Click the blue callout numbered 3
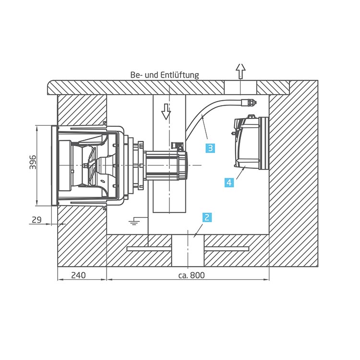[210, 148]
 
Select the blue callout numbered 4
[229, 182]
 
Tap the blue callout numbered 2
[206, 217]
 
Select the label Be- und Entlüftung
[164, 75]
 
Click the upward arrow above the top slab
[240, 71]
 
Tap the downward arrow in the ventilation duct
[166, 111]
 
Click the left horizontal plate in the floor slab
[149, 249]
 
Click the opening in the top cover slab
[240, 87]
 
